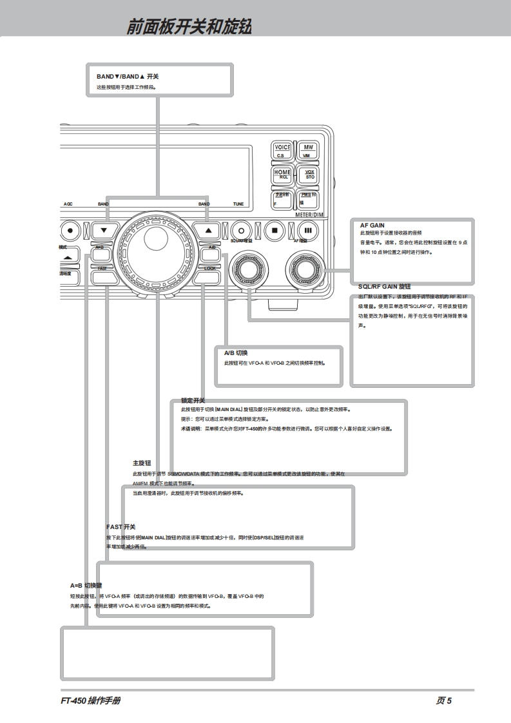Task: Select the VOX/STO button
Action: pos(307,174)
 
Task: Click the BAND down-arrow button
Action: pos(104,229)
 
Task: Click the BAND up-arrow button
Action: pos(207,229)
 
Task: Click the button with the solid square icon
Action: pos(274,229)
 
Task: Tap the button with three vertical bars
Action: pos(307,229)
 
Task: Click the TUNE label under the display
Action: pos(238,204)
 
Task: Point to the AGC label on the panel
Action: pos(68,204)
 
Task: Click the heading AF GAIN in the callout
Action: pos(372,225)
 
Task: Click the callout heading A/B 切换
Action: pos(236,353)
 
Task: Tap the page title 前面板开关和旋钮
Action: pos(189,27)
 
